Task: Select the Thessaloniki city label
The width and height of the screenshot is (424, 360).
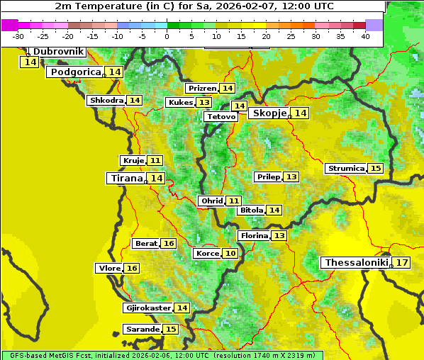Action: click(x=357, y=263)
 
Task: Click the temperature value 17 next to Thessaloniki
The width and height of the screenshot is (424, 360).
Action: click(x=402, y=263)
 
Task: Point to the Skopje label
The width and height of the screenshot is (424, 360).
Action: click(x=269, y=113)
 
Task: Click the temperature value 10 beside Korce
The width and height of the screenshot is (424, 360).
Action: click(x=230, y=254)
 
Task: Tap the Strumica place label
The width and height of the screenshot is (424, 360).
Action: click(x=346, y=169)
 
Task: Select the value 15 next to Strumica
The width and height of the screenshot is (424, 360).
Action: click(x=375, y=169)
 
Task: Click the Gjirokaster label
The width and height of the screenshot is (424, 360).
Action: click(x=147, y=308)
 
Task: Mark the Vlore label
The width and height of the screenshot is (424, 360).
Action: click(x=108, y=269)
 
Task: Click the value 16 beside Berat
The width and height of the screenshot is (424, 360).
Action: click(x=168, y=244)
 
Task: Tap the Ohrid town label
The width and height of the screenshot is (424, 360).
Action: click(x=211, y=201)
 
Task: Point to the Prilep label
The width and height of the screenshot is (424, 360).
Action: click(x=268, y=176)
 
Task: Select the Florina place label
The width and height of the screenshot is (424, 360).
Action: click(x=254, y=235)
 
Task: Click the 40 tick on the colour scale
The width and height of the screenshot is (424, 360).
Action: click(x=365, y=36)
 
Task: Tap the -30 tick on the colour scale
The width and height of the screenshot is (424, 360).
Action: click(x=18, y=36)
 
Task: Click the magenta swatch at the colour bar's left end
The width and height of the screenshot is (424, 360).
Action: click(x=9, y=25)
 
